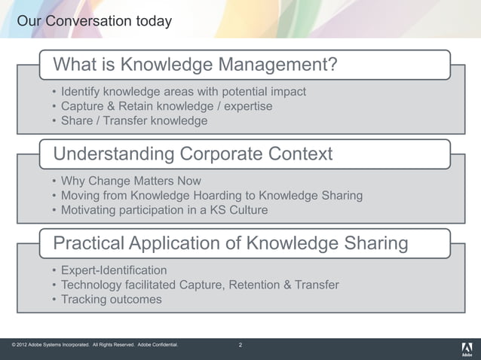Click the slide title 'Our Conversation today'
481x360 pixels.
[94, 20]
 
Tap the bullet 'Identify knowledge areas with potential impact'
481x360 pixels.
[183, 92]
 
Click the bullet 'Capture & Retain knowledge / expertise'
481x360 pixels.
[167, 106]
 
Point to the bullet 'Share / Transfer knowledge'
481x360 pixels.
[134, 121]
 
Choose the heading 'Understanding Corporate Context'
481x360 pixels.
[192, 154]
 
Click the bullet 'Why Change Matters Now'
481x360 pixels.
[131, 182]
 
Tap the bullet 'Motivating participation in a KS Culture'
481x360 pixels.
[164, 210]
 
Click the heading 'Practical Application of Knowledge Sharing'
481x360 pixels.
[231, 243]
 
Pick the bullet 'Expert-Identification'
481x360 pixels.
[114, 270]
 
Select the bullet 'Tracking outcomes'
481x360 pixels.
[112, 299]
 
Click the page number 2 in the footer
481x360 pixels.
[240, 346]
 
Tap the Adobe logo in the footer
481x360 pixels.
[465, 348]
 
